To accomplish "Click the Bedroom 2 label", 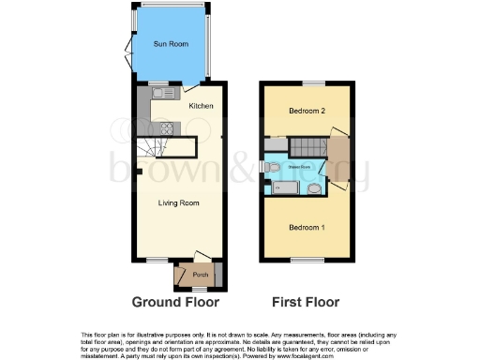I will (307, 112).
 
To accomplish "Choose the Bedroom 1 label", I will (307, 228).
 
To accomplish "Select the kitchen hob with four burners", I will (167, 128).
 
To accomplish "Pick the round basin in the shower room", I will (315, 188).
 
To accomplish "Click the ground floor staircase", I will (152, 147).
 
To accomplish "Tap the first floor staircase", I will (305, 147).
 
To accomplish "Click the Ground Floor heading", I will (175, 302).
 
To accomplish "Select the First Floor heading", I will (305, 302).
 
